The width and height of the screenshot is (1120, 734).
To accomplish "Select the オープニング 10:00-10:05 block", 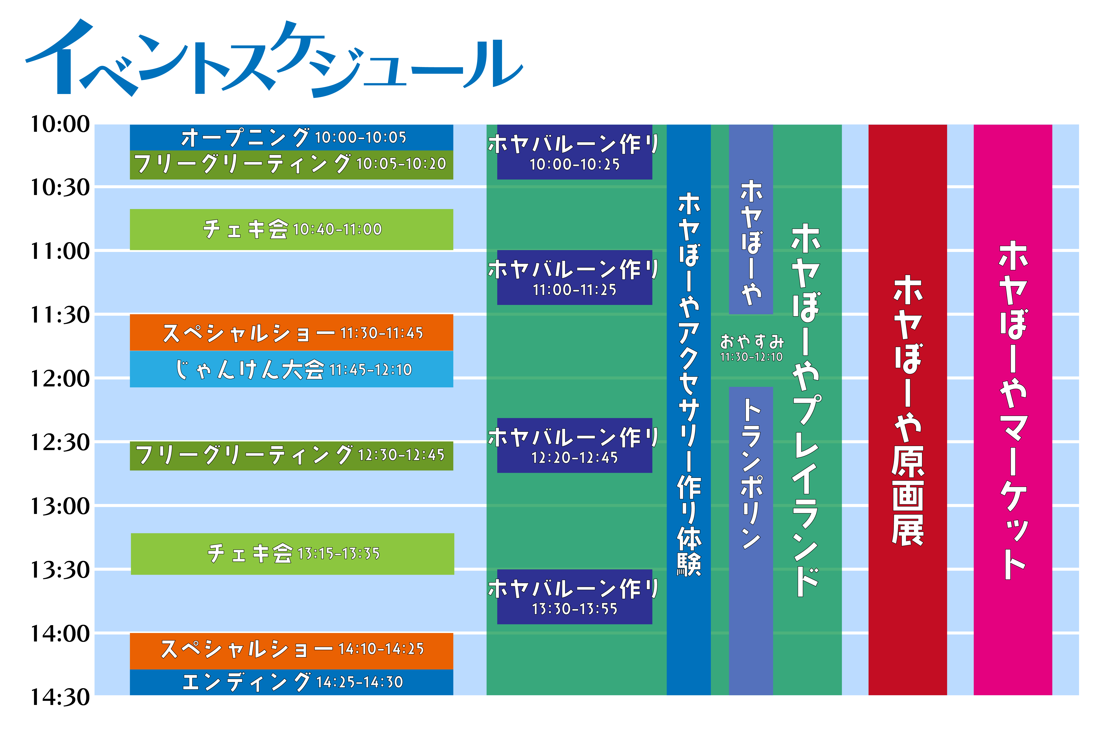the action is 291,137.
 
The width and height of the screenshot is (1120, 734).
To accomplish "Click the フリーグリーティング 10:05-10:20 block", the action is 291,165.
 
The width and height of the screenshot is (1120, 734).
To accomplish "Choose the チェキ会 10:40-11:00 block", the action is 291,229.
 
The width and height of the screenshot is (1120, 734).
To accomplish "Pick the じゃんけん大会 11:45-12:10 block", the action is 291,369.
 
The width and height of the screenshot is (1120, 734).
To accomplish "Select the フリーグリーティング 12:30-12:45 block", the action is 291,455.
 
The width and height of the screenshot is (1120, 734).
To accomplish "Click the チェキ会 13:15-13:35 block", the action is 292,554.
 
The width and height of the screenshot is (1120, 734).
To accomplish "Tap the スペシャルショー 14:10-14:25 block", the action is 291,651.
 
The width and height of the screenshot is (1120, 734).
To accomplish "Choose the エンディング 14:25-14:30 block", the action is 291,682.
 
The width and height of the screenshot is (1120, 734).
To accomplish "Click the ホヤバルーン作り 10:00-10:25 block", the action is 575,152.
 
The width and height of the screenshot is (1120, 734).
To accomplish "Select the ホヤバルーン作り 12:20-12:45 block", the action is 575,445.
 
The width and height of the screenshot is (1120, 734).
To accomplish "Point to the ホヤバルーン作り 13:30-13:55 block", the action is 575,597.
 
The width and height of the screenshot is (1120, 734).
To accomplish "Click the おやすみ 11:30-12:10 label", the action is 752,348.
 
